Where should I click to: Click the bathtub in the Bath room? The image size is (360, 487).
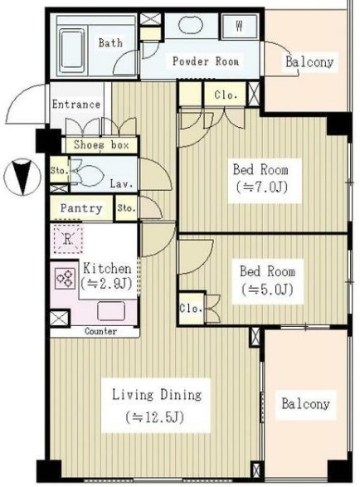coord(72,51)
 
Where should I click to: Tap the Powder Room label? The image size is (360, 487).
coord(206,61)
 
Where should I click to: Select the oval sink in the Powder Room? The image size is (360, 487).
coord(191,24)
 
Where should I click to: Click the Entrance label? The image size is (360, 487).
coord(76,104)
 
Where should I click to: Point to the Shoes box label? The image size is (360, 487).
coord(101,144)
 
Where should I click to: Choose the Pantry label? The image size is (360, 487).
coord(81,207)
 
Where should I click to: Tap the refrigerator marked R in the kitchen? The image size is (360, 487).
coord(68,239)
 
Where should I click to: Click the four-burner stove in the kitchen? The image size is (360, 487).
coord(65,278)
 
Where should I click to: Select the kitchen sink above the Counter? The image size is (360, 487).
coord(111,311)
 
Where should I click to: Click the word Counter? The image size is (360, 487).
coord(101,331)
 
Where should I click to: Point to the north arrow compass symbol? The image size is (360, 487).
coord(22,177)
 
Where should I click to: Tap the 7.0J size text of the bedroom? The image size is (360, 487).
coord(262,187)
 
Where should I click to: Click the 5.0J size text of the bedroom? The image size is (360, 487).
coord(267,290)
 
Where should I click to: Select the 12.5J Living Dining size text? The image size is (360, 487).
coord(155,416)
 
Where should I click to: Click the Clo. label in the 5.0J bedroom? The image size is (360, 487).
coord(191,308)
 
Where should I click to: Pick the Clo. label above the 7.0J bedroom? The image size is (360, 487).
coord(226,95)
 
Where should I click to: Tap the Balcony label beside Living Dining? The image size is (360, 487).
coord(305,404)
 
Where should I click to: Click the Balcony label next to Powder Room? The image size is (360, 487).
coord(309,61)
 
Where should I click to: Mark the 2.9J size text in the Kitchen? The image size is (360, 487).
coord(106,283)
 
